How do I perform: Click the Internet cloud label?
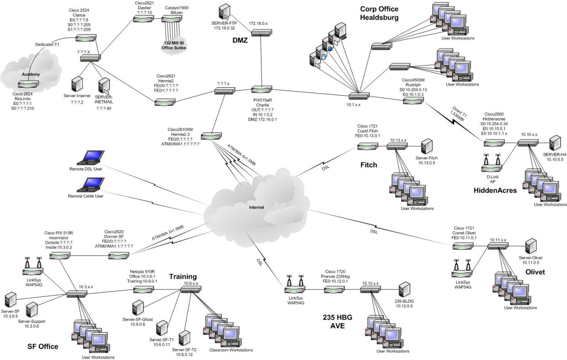(256, 207)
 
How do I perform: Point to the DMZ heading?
(240, 40)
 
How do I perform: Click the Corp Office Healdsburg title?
(379, 13)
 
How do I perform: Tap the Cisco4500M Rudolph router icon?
(412, 101)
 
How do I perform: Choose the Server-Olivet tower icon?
(531, 246)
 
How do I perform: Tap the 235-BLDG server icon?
(404, 290)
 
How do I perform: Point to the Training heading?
(183, 277)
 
